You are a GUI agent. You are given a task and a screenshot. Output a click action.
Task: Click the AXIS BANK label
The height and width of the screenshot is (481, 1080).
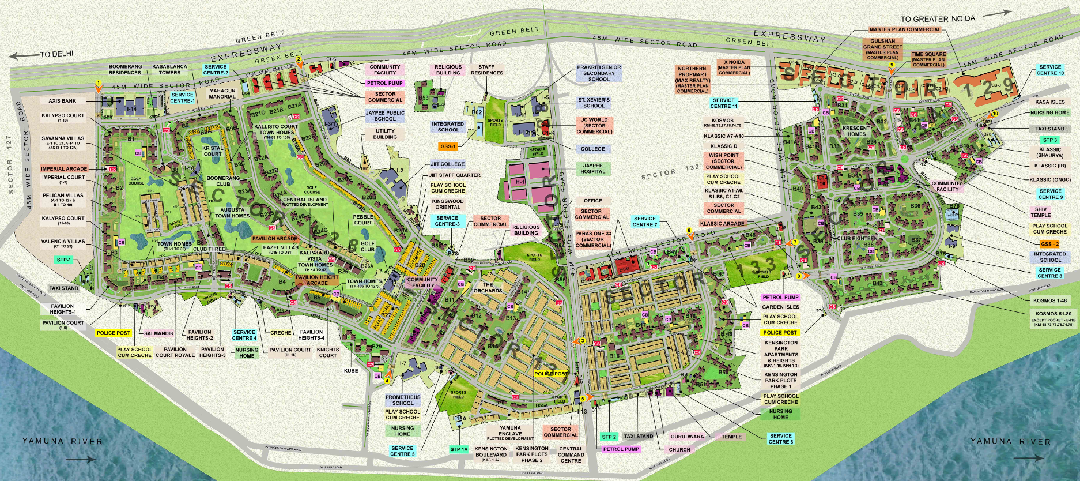(x=62, y=101)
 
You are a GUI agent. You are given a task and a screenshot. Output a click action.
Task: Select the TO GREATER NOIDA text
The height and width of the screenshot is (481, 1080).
(x=938, y=19)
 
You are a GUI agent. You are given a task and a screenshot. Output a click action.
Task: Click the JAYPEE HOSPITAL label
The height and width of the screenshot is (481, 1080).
(x=592, y=168)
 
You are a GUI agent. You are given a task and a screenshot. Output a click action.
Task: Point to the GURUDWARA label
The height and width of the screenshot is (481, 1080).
(x=687, y=437)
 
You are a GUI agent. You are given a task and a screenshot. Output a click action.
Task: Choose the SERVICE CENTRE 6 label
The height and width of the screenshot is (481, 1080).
(x=780, y=439)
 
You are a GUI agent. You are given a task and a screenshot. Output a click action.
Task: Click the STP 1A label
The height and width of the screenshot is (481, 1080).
(x=459, y=449)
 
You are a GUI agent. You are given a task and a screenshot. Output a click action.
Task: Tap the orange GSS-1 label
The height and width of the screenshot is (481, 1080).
(x=448, y=146)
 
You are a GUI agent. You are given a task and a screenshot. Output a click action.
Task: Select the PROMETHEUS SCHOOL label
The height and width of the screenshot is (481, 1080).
(x=403, y=400)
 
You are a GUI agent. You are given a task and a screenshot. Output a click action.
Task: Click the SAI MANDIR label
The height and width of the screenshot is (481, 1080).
(x=159, y=333)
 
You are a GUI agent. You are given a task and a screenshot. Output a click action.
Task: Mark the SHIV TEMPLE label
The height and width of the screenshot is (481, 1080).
(x=1040, y=212)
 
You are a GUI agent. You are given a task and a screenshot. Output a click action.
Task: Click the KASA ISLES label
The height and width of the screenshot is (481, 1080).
(x=1050, y=102)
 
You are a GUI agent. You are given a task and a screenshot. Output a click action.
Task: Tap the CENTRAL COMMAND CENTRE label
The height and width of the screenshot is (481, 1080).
(x=571, y=454)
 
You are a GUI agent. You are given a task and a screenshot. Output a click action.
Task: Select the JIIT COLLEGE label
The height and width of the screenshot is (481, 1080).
(x=447, y=164)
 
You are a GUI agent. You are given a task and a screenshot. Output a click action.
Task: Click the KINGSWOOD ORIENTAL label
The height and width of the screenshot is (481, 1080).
(x=448, y=204)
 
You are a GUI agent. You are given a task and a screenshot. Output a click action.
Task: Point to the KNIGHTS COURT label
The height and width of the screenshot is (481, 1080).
(x=327, y=352)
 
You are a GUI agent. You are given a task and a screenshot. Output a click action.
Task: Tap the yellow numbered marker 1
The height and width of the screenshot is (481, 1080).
(x=99, y=84)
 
